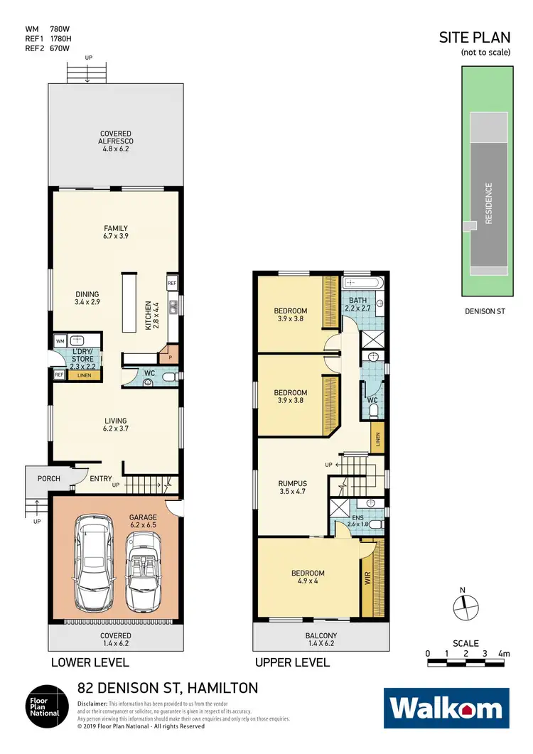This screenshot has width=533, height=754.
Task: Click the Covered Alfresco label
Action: (115, 137)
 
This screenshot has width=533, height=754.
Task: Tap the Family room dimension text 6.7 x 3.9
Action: (115, 236)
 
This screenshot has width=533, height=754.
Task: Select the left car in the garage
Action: (95, 554)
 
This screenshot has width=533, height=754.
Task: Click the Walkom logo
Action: (446, 709)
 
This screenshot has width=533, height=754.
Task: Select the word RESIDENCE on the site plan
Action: (489, 203)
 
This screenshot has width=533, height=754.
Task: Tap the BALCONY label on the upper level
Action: (321, 636)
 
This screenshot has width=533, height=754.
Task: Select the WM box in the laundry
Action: (60, 341)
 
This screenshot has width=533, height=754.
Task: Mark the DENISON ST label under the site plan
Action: (485, 311)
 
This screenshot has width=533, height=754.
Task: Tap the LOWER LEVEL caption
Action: (90, 662)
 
